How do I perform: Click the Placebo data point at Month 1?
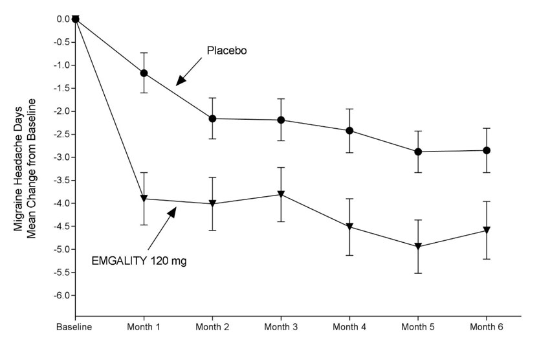144,73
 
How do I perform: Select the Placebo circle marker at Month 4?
349,130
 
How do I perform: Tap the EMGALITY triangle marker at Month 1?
144,198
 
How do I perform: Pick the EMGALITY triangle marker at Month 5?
418,247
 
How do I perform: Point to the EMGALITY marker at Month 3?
281,194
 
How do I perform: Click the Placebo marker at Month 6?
487,150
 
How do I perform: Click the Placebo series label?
227,51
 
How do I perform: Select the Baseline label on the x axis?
75,328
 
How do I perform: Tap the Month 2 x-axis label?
212,328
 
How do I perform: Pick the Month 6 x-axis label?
487,328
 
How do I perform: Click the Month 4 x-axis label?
349,328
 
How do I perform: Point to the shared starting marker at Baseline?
75,19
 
